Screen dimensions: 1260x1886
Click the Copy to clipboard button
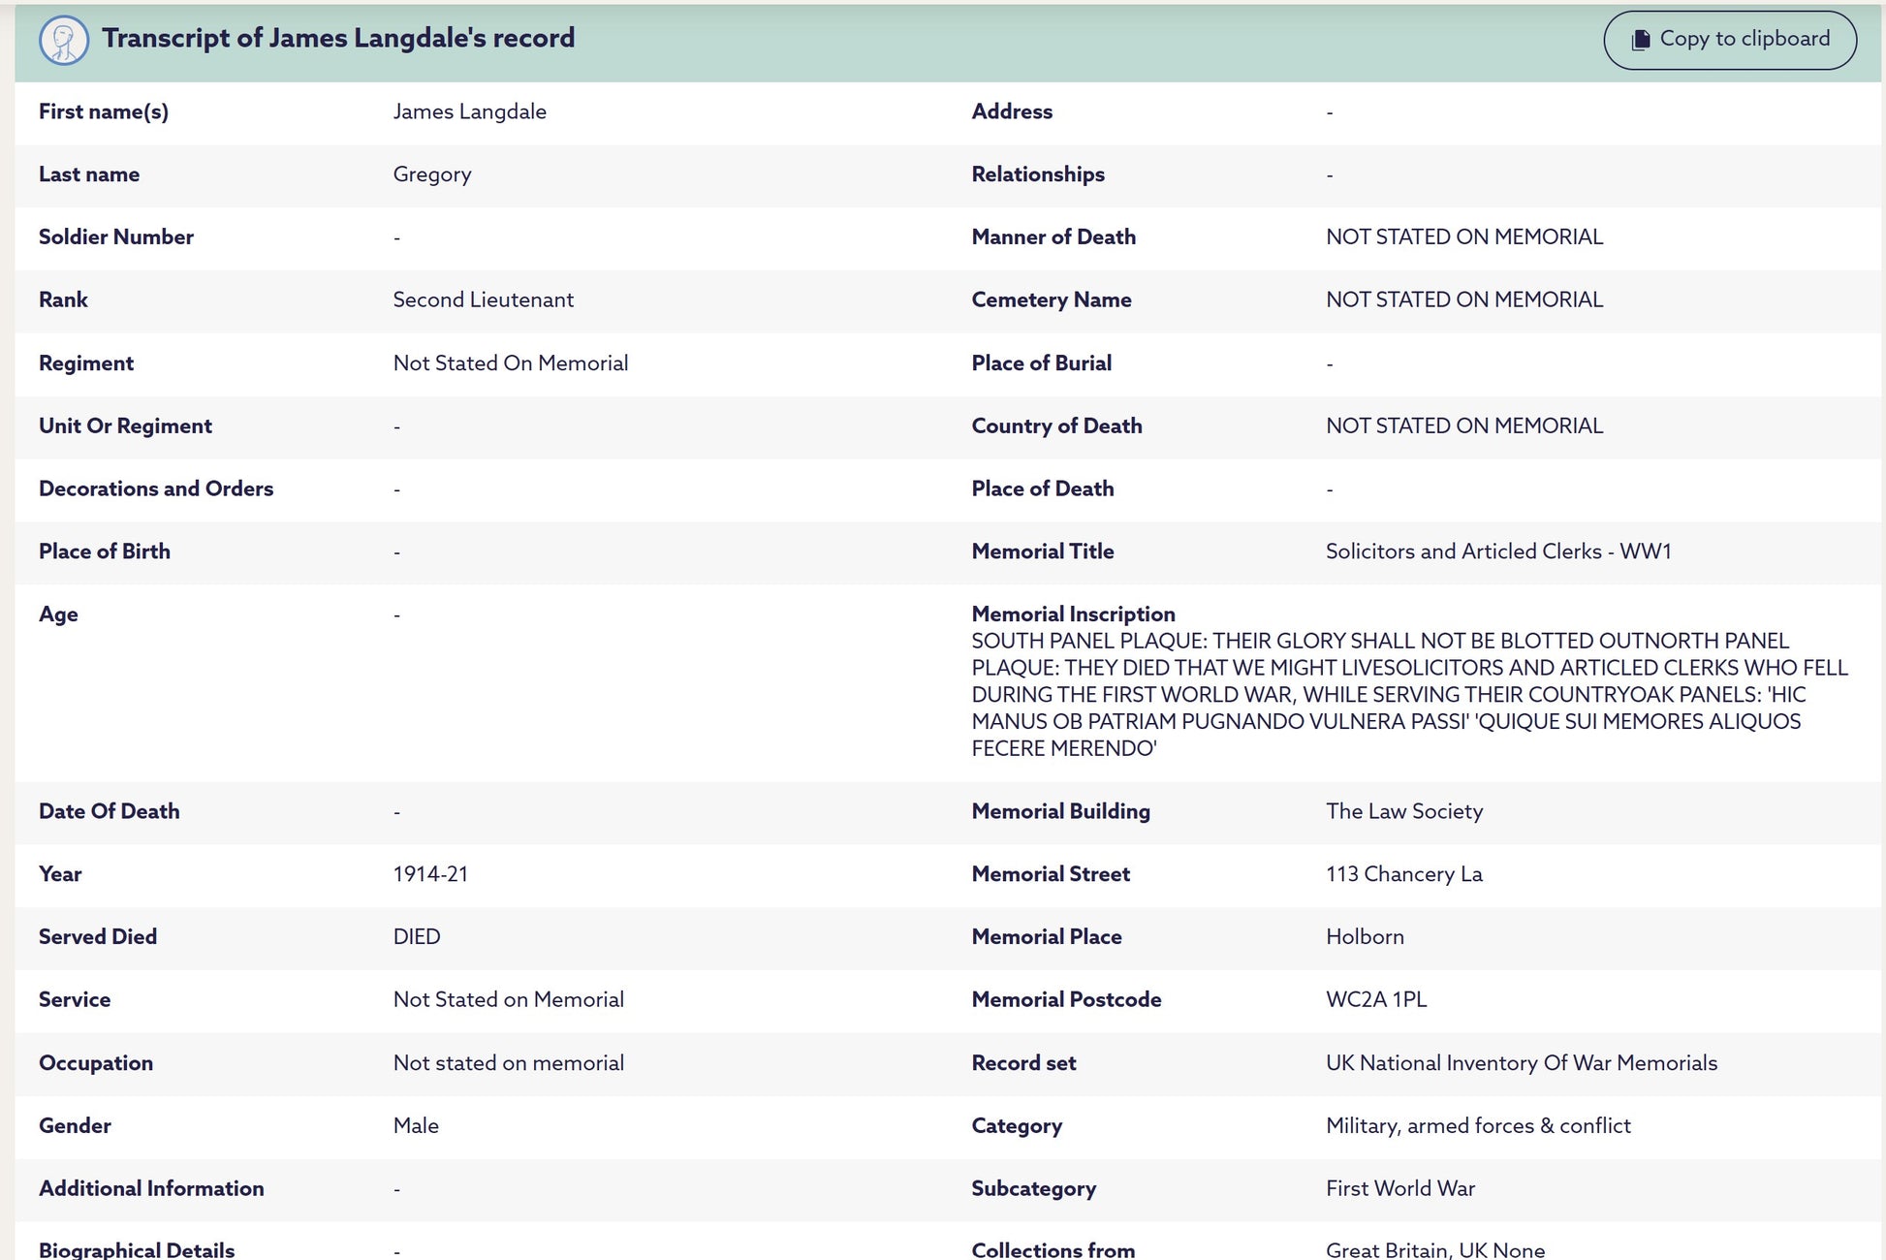click(1730, 40)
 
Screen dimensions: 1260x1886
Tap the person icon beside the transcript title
click(64, 41)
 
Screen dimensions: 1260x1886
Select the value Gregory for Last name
click(432, 174)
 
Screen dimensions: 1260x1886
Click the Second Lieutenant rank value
click(483, 299)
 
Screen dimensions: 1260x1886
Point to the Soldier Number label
click(116, 236)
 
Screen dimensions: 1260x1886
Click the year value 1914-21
click(430, 874)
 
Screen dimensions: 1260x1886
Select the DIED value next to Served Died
click(417, 936)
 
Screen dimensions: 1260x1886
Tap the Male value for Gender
click(416, 1125)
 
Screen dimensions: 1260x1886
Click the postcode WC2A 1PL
click(1376, 999)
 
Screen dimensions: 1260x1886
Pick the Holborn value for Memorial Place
click(1365, 936)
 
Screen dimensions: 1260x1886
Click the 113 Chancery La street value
click(1403, 874)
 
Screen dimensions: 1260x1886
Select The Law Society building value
click(1403, 811)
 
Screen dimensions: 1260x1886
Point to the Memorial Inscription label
click(1073, 614)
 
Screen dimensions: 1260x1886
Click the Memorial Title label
click(1043, 551)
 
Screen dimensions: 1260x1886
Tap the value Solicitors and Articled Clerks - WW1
click(1498, 551)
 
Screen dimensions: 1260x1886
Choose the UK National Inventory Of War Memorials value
click(1521, 1062)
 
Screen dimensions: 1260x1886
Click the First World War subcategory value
click(1399, 1188)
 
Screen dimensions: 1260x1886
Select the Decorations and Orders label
click(156, 488)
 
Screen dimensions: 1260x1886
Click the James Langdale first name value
click(469, 111)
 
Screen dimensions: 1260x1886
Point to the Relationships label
click(1038, 174)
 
